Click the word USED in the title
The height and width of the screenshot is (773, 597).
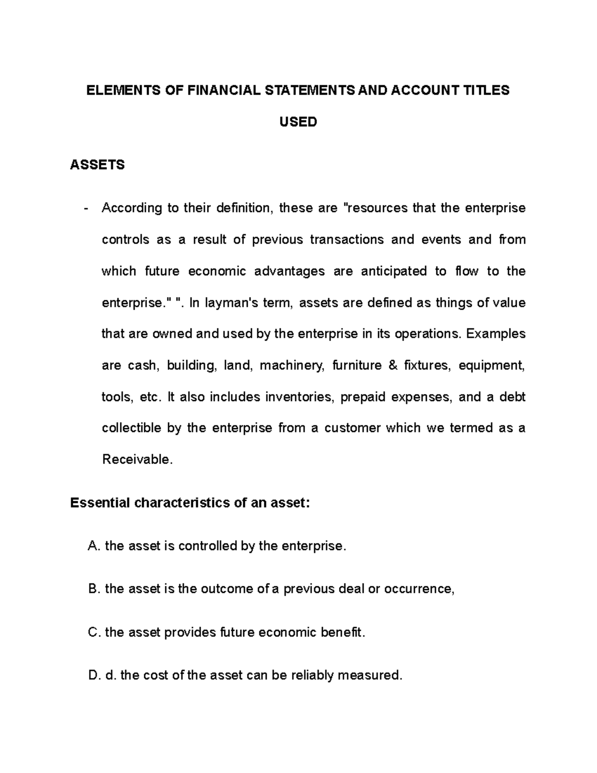pyautogui.click(x=298, y=122)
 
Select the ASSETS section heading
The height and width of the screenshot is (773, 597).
pyautogui.click(x=98, y=165)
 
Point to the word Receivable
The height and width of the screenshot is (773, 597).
pyautogui.click(x=137, y=459)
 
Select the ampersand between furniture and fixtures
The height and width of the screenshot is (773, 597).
pyautogui.click(x=393, y=365)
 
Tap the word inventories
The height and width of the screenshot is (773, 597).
pyautogui.click(x=299, y=397)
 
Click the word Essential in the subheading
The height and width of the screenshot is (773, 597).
pyautogui.click(x=99, y=503)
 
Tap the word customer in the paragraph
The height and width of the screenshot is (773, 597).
pyautogui.click(x=353, y=428)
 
